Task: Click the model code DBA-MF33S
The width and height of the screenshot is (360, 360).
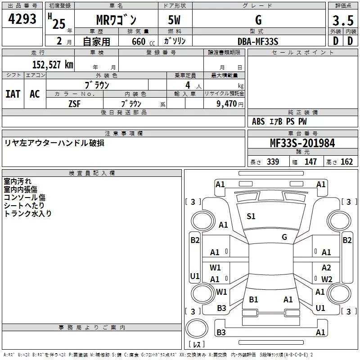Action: (258, 41)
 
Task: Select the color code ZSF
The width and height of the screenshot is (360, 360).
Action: (74, 103)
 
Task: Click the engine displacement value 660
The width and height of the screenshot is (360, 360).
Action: (138, 42)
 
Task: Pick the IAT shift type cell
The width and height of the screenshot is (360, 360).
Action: (13, 94)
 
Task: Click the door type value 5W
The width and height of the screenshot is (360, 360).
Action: (175, 20)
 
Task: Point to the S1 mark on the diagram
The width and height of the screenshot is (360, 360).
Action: (251, 216)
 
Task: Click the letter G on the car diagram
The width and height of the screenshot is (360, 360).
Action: (284, 237)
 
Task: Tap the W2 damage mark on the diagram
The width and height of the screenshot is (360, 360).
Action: (326, 279)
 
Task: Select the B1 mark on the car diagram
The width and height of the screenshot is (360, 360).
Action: (253, 299)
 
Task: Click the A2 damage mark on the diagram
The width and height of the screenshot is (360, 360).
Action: (326, 268)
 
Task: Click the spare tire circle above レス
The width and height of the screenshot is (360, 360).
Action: (197, 329)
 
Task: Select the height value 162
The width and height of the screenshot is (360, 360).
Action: (346, 162)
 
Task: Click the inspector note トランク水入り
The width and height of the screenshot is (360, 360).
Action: (28, 214)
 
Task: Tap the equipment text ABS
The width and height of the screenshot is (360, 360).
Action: (258, 121)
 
